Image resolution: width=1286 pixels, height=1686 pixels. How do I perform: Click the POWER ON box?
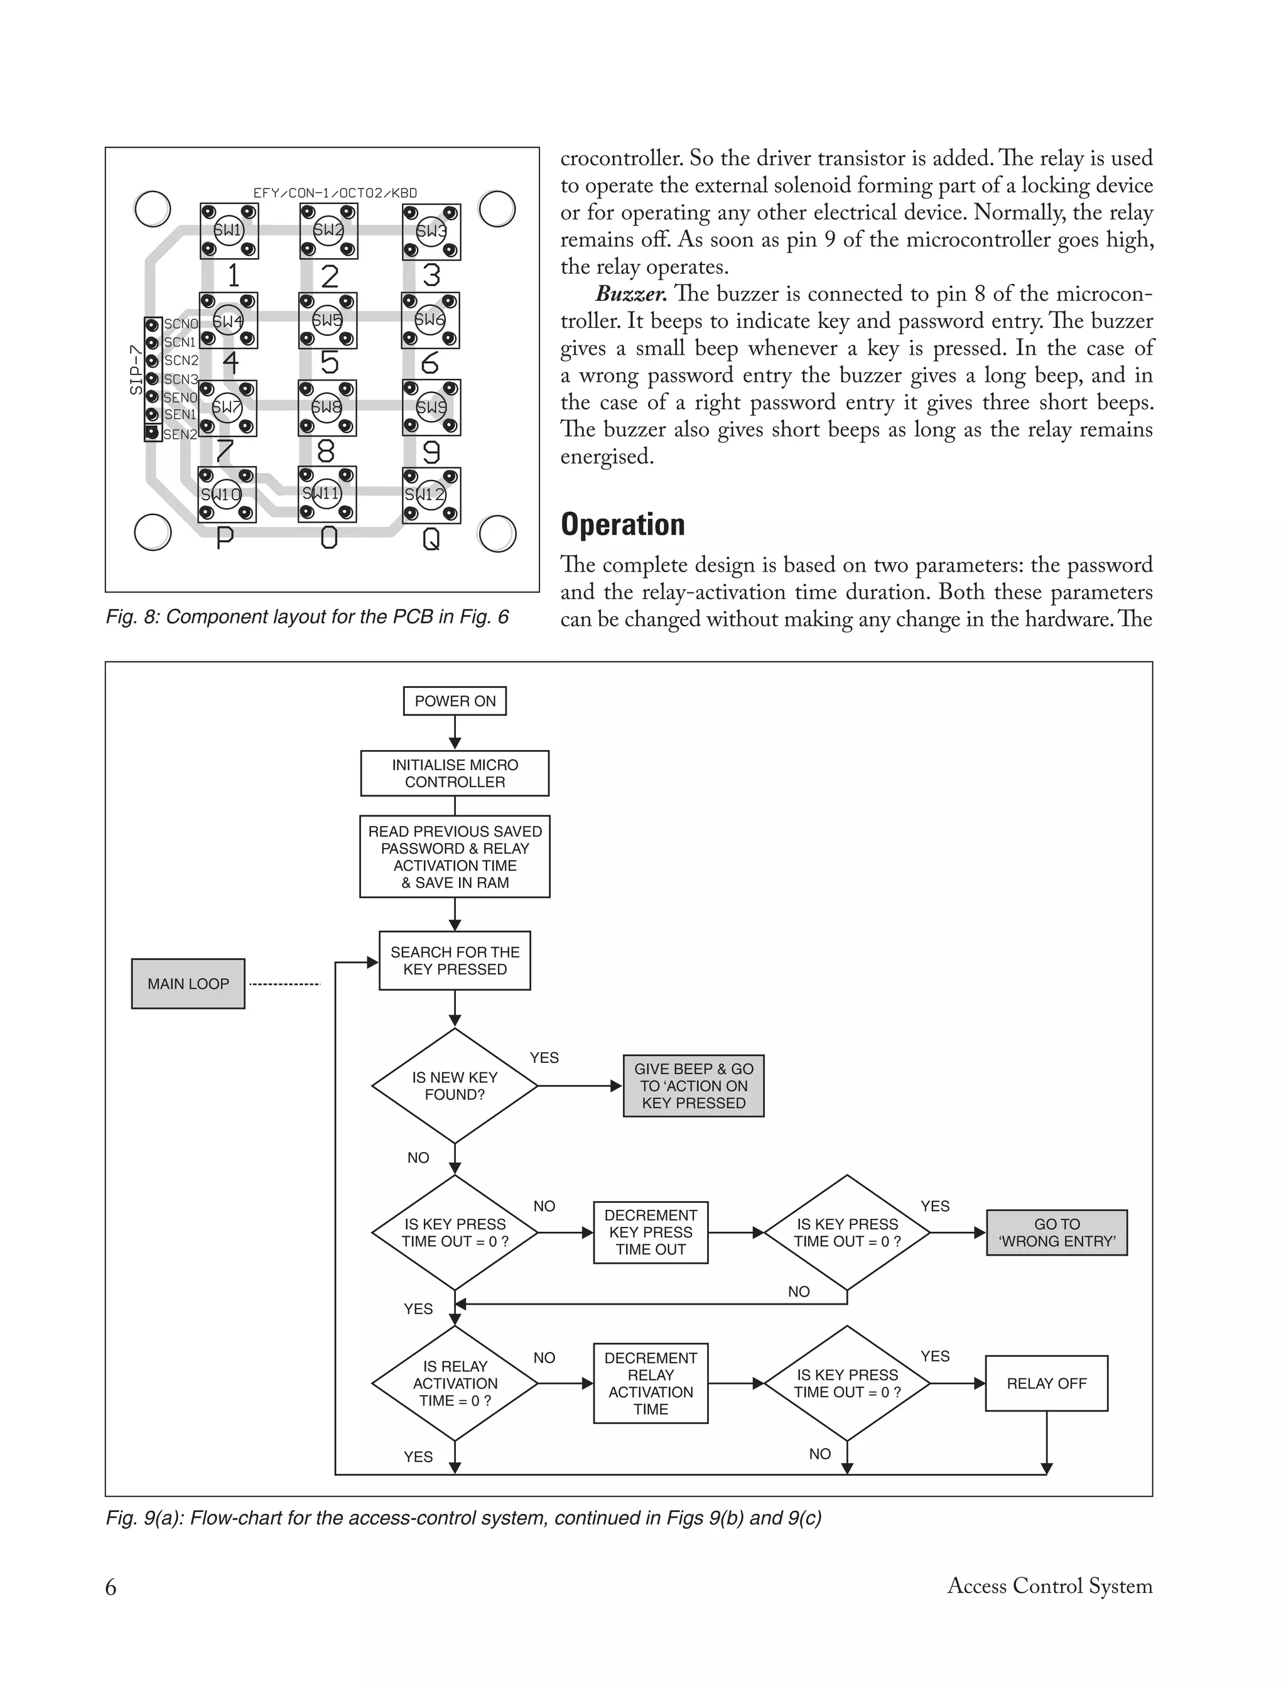(x=455, y=700)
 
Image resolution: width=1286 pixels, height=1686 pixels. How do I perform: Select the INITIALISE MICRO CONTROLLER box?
(x=455, y=773)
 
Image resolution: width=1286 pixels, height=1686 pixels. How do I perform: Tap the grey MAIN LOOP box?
(x=188, y=984)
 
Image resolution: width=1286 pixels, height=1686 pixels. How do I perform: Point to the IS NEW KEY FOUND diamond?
(x=455, y=1085)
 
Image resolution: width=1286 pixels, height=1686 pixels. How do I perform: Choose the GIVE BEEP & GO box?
(x=693, y=1085)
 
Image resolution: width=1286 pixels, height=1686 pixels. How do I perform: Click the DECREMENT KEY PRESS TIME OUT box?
(x=651, y=1232)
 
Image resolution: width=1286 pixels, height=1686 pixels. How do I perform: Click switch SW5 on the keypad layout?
(x=328, y=320)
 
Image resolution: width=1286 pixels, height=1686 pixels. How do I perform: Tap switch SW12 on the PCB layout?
(x=431, y=494)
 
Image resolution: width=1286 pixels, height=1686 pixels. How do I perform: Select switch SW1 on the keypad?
(x=229, y=231)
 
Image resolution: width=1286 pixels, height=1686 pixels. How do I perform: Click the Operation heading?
(x=622, y=525)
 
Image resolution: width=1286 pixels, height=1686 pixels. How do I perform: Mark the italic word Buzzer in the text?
(x=630, y=294)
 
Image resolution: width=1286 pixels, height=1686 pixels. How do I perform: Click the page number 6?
(x=111, y=1587)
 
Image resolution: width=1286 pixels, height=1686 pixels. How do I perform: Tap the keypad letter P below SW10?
(x=224, y=539)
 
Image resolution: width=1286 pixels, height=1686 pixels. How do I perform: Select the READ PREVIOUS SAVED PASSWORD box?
(x=455, y=857)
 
